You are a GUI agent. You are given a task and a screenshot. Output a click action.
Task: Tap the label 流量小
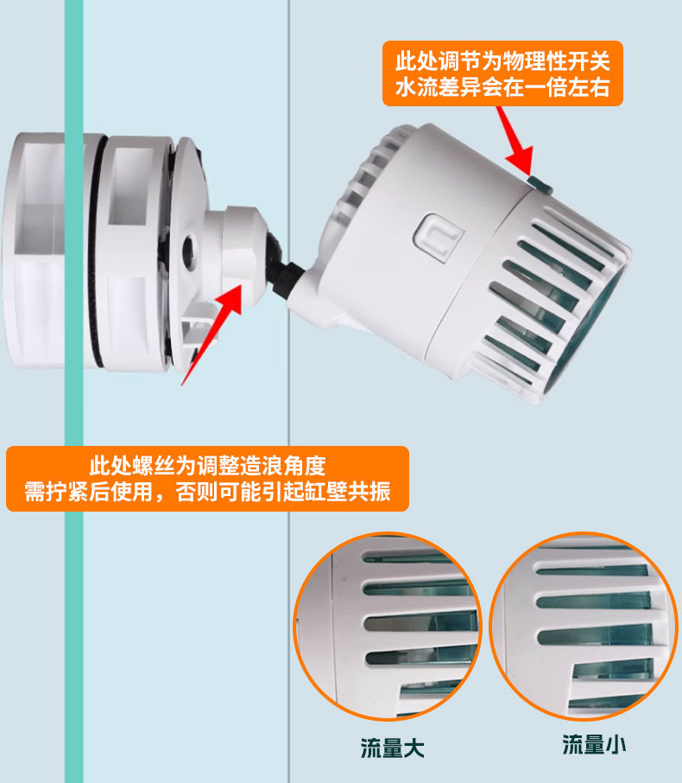(594, 745)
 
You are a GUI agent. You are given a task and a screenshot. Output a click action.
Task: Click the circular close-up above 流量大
(388, 627)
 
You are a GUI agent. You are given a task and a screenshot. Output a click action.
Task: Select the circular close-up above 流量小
(584, 627)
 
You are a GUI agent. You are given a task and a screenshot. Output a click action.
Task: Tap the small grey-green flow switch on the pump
(540, 184)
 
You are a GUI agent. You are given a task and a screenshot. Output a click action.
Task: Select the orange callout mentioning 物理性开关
(502, 73)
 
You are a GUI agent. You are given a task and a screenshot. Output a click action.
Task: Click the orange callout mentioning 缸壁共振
(207, 479)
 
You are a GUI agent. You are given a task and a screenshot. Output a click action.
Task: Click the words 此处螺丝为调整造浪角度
(207, 466)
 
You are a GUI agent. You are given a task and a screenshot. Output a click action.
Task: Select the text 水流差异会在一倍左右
(502, 87)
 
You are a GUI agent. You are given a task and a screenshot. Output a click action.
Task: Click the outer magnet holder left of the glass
(34, 250)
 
